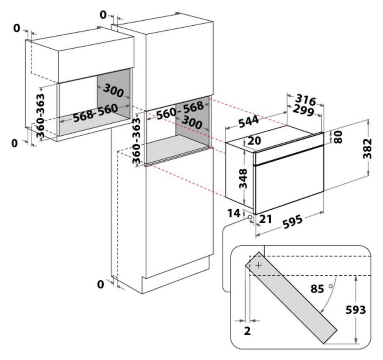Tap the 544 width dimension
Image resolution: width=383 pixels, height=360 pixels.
pyautogui.click(x=247, y=123)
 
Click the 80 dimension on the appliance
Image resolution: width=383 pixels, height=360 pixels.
pyautogui.click(x=338, y=136)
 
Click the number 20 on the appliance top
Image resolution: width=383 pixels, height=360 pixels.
pyautogui.click(x=254, y=141)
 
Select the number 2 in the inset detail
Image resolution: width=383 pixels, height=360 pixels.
pyautogui.click(x=247, y=331)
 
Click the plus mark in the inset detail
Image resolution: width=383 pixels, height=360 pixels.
pyautogui.click(x=259, y=265)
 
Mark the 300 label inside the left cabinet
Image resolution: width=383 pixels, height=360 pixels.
pyautogui.click(x=114, y=91)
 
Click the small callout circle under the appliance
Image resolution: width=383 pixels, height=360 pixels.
pyautogui.click(x=250, y=217)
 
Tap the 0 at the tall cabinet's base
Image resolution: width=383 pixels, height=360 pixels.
pyautogui.click(x=101, y=284)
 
